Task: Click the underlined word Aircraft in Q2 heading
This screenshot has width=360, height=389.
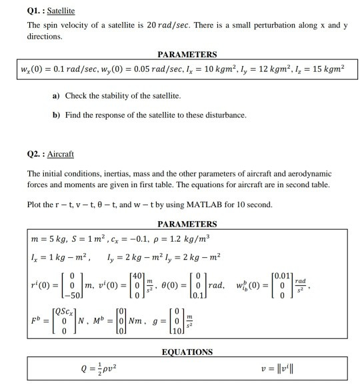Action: (60, 154)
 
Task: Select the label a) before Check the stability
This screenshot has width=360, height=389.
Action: (56, 96)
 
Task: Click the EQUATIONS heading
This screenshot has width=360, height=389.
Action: (187, 352)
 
